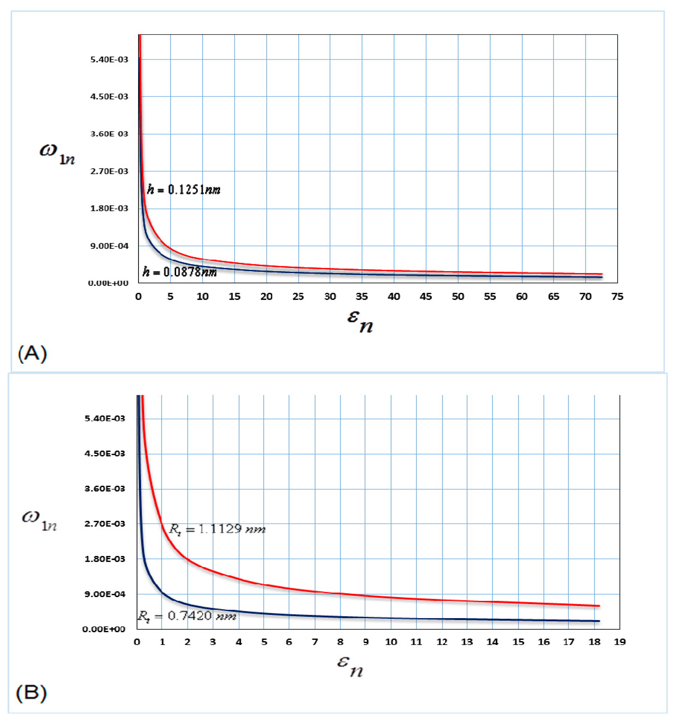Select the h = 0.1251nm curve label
pyautogui.click(x=183, y=190)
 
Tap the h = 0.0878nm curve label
pyautogui.click(x=180, y=272)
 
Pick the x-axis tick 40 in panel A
pyautogui.click(x=394, y=297)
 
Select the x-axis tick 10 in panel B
pyautogui.click(x=391, y=642)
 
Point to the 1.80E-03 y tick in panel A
pyautogui.click(x=109, y=208)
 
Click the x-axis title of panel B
pyautogui.click(x=350, y=666)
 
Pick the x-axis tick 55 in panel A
pyautogui.click(x=490, y=297)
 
